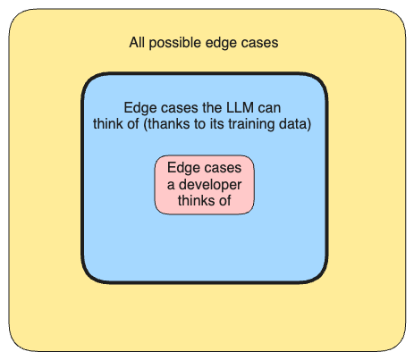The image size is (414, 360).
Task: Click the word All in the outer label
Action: tap(139, 43)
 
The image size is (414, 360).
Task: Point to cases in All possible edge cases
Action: tap(259, 43)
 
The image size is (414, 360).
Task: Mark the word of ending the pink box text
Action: tap(225, 201)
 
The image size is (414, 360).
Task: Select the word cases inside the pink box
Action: tap(222, 167)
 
